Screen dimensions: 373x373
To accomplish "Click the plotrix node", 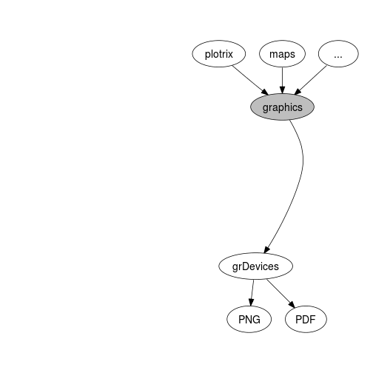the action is click(x=219, y=54).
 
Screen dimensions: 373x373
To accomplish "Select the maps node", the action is click(x=282, y=54).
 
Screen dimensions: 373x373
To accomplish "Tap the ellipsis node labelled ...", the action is click(x=338, y=54).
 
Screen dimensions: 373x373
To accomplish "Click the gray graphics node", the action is click(x=282, y=107).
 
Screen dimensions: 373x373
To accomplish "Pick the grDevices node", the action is click(x=255, y=266).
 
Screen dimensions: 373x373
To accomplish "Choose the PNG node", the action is click(x=249, y=319).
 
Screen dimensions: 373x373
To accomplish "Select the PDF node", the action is click(x=306, y=319).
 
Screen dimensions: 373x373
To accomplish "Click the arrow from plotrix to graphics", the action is click(x=250, y=80).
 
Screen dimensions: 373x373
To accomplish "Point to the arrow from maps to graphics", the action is click(x=283, y=81).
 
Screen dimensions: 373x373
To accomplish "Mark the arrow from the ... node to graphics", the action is click(x=311, y=80).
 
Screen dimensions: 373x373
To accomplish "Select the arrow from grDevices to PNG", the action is click(x=252, y=293).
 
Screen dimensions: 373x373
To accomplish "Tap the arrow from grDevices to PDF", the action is click(x=281, y=294).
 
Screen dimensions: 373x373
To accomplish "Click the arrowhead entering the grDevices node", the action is click(x=267, y=249).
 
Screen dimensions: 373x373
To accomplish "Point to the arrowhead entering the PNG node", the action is click(x=251, y=302).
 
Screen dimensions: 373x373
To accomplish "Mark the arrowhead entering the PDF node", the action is click(x=292, y=305).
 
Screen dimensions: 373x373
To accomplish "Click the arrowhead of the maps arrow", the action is click(x=283, y=90).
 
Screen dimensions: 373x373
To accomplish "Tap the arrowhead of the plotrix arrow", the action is click(x=265, y=93).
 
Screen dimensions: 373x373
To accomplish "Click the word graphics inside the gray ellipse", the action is click(x=282, y=107).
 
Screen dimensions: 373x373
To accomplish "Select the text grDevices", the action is click(x=255, y=267).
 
